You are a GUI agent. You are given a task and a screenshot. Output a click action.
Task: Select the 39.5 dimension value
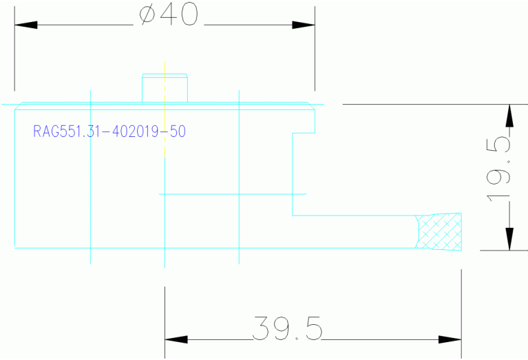point(287,329)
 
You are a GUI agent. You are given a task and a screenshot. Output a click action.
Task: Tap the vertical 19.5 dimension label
point(499,169)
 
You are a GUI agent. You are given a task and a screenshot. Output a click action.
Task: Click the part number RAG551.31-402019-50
point(109,131)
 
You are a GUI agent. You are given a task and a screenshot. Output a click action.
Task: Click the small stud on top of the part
point(165,88)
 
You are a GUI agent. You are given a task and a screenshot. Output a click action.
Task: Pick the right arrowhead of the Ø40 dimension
point(304,25)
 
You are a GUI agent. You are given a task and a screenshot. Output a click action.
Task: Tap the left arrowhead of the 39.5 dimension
point(176,339)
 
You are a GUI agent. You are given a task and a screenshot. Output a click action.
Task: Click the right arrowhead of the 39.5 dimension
point(450,339)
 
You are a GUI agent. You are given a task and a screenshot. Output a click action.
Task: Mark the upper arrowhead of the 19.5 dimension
point(509,116)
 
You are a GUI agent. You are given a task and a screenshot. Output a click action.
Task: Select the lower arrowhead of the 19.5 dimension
point(509,239)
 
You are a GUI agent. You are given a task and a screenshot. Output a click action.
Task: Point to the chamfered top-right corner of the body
point(312,107)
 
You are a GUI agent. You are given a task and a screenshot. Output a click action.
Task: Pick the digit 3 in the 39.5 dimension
point(262,329)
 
